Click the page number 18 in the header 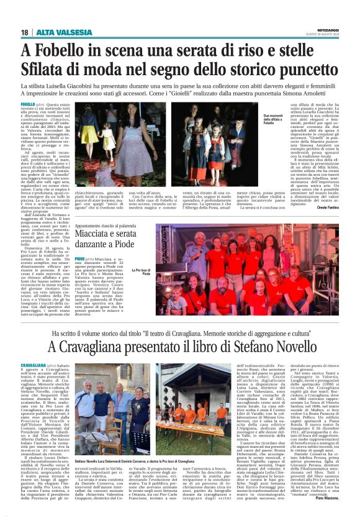coord(25,32)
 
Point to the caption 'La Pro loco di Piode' coord(141,255)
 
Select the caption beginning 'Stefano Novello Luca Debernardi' coord(143,462)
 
